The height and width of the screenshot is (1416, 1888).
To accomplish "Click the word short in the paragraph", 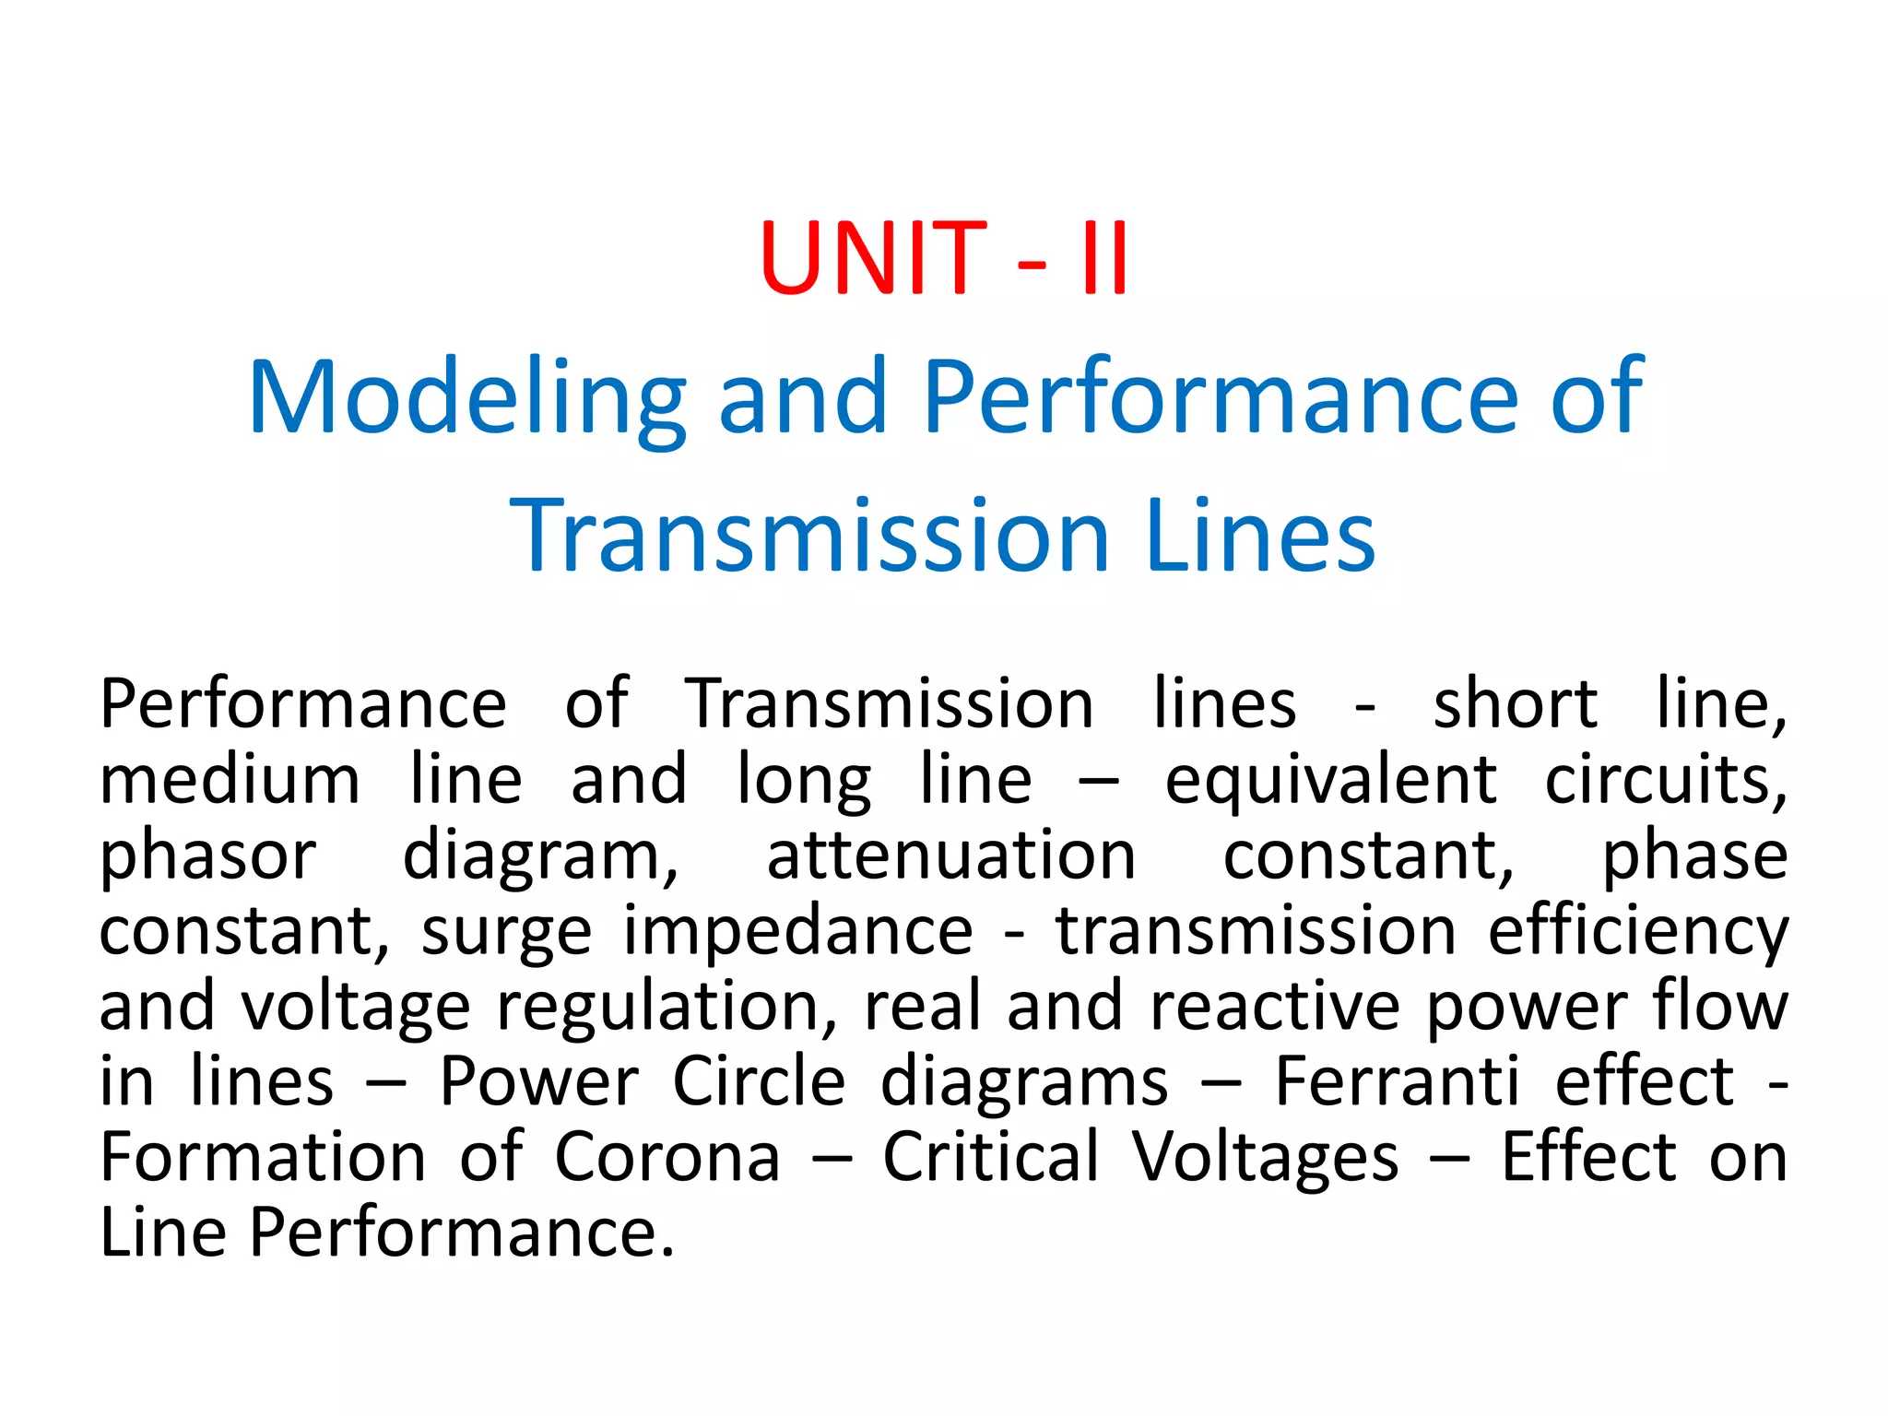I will (x=1515, y=704).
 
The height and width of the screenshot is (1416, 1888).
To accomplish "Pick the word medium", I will (x=230, y=780).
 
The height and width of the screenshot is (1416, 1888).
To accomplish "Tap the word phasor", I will (x=207, y=856).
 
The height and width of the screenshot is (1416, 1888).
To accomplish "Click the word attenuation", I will (x=951, y=855).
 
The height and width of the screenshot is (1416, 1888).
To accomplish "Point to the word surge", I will (x=506, y=932).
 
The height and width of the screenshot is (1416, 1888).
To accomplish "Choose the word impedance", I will (x=797, y=931).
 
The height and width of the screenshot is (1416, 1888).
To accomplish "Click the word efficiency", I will (x=1638, y=932).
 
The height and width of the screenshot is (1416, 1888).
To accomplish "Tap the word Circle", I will (x=759, y=1081).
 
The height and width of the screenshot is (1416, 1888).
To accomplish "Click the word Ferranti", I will (x=1397, y=1081).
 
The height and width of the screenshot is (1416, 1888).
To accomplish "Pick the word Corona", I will (x=667, y=1157).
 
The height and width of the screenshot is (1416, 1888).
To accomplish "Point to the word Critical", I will (x=991, y=1157).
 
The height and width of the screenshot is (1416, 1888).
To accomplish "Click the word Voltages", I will (x=1266, y=1158).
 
